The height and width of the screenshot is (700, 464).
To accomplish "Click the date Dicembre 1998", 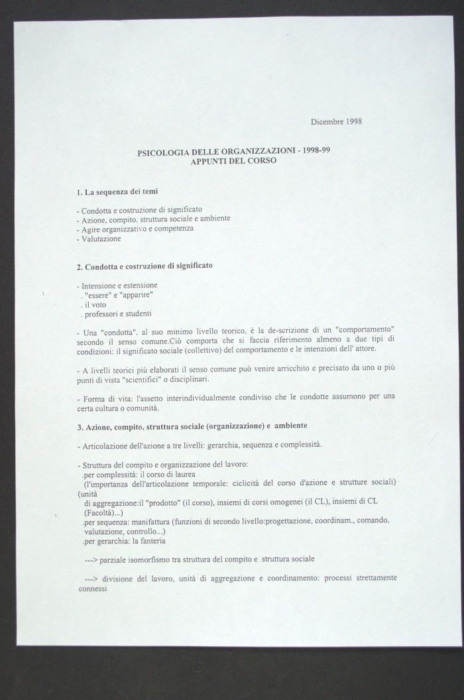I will (336, 121).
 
